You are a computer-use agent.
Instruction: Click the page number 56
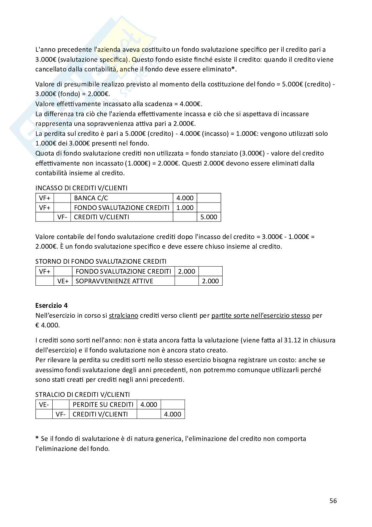[333, 501]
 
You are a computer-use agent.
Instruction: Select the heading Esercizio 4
[51, 305]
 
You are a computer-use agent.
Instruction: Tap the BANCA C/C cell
[91, 198]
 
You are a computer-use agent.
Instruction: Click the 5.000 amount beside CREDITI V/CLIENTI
[209, 217]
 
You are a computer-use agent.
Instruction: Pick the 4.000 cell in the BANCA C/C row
[185, 198]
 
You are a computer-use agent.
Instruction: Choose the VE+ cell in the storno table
[63, 281]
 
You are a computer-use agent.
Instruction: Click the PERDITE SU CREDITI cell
[103, 405]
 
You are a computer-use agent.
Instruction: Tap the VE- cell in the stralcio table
[44, 405]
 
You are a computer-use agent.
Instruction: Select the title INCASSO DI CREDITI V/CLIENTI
[81, 188]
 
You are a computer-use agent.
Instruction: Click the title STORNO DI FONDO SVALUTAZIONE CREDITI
[101, 261]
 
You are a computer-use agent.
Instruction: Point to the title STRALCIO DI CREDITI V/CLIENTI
[82, 394]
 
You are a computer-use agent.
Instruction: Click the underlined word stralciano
[123, 315]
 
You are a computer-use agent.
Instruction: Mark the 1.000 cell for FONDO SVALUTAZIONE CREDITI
[185, 208]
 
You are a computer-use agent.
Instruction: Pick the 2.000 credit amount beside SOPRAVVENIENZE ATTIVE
[210, 281]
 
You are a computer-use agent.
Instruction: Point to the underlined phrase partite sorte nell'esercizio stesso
[261, 315]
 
